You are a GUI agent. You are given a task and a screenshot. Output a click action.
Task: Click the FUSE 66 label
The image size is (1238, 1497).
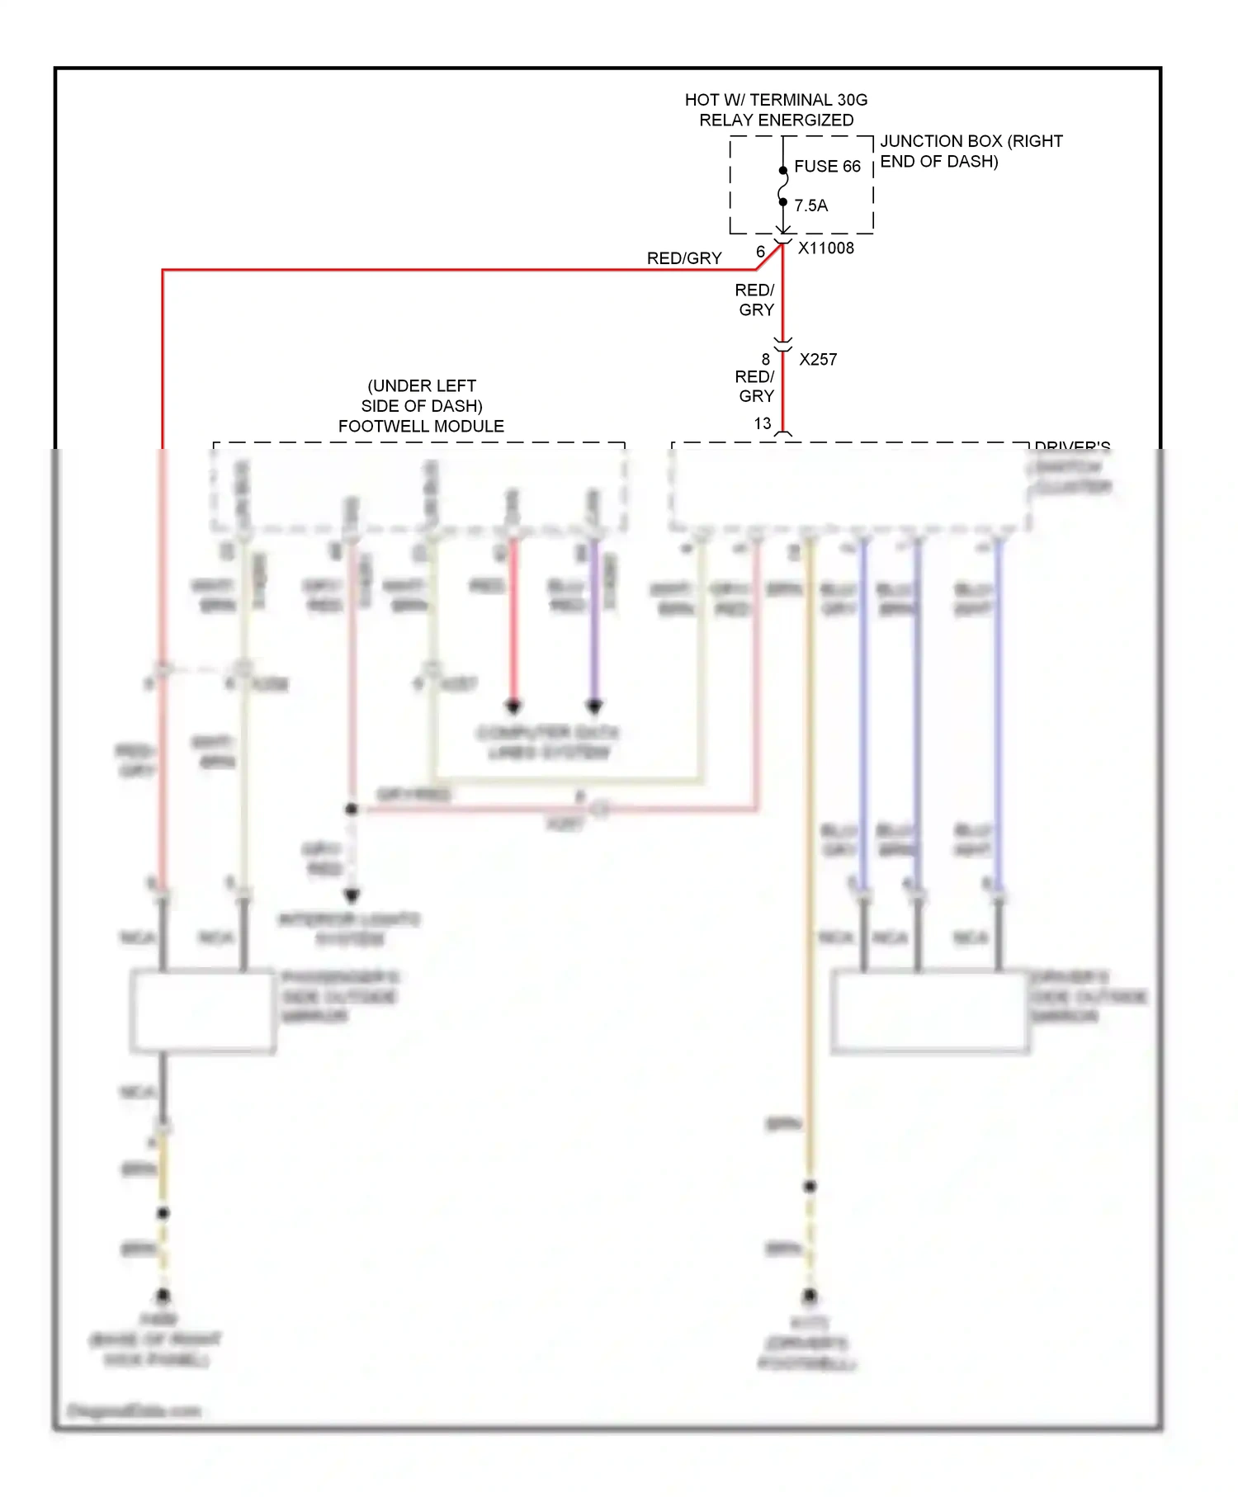click(827, 167)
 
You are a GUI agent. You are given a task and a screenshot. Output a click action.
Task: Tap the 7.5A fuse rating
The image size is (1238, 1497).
click(810, 205)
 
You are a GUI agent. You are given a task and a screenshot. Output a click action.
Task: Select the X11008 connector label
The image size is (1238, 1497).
click(825, 248)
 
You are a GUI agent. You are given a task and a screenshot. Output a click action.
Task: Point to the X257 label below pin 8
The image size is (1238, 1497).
click(818, 360)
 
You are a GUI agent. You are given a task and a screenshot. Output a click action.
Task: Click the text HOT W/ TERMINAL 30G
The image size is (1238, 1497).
click(776, 100)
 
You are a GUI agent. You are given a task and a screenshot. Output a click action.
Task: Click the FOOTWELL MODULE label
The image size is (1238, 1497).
click(421, 427)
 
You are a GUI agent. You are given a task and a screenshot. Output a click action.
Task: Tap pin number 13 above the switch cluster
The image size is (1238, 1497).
click(763, 423)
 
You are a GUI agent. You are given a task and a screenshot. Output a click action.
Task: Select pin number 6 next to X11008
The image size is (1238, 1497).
click(760, 252)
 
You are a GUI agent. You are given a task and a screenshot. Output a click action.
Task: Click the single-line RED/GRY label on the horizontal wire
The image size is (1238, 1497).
click(684, 258)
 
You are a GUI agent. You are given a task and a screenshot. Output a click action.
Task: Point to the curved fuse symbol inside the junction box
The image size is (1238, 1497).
click(783, 187)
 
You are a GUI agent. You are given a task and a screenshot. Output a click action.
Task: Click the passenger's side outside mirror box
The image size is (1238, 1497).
click(203, 1011)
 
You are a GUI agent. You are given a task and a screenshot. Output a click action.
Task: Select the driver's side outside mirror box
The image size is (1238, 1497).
click(930, 1012)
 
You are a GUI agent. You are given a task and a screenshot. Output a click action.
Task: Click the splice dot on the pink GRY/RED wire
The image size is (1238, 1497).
click(352, 810)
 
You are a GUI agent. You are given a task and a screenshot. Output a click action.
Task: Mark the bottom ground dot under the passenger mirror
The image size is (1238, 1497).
click(163, 1295)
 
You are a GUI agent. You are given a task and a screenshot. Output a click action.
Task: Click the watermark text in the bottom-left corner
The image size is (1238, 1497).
click(134, 1410)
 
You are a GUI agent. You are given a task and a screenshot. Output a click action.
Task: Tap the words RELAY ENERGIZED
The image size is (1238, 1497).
click(776, 120)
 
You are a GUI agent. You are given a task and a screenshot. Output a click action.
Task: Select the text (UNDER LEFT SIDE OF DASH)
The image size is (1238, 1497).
click(422, 396)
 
